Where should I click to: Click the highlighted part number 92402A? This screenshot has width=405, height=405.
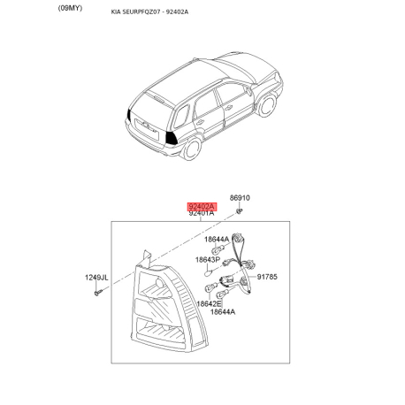pyautogui.click(x=202, y=207)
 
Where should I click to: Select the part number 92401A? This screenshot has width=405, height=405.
pyautogui.click(x=202, y=213)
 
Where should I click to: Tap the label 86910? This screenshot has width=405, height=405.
pyautogui.click(x=240, y=198)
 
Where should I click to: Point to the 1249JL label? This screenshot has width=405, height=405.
pyautogui.click(x=96, y=278)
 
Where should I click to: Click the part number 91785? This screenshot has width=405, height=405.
pyautogui.click(x=267, y=277)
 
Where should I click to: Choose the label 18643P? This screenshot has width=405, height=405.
pyautogui.click(x=208, y=260)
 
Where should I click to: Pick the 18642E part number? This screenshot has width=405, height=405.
pyautogui.click(x=209, y=303)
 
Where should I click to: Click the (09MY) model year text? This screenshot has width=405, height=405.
pyautogui.click(x=70, y=8)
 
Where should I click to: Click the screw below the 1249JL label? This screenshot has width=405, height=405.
pyautogui.click(x=98, y=293)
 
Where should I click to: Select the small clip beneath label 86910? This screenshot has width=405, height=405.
pyautogui.click(x=240, y=210)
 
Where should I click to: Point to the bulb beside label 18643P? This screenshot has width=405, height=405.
pyautogui.click(x=209, y=272)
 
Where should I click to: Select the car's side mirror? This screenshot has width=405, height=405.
pyautogui.click(x=249, y=90)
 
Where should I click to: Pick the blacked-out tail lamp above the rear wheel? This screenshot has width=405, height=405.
pyautogui.click(x=171, y=138)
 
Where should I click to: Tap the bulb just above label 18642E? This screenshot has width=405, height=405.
pyautogui.click(x=210, y=287)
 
